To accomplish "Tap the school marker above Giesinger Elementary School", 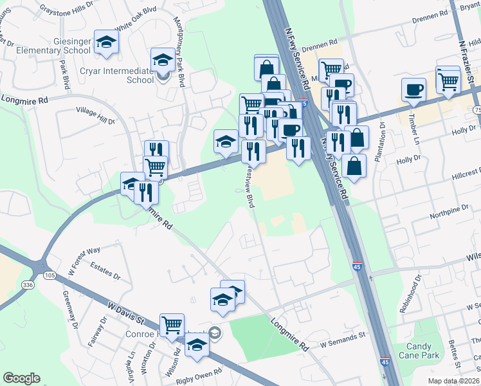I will [x=106, y=43].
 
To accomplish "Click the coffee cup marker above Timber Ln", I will [x=413, y=89].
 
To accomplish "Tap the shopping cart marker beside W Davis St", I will [x=172, y=326].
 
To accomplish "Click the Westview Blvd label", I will [x=250, y=187].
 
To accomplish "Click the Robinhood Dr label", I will [x=410, y=294].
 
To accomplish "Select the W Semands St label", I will [x=340, y=335].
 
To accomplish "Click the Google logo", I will [x=21, y=378].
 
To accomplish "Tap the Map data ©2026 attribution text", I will [x=451, y=381].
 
